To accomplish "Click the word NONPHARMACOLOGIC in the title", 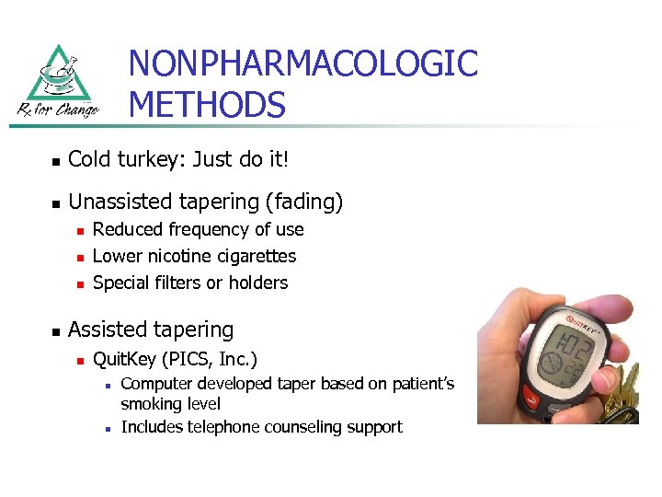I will point(302,64).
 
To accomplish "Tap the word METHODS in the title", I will point(207,104).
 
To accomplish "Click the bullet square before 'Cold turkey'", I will point(56,161).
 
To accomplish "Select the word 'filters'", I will point(175,283).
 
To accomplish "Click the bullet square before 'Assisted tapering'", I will point(56,330).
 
